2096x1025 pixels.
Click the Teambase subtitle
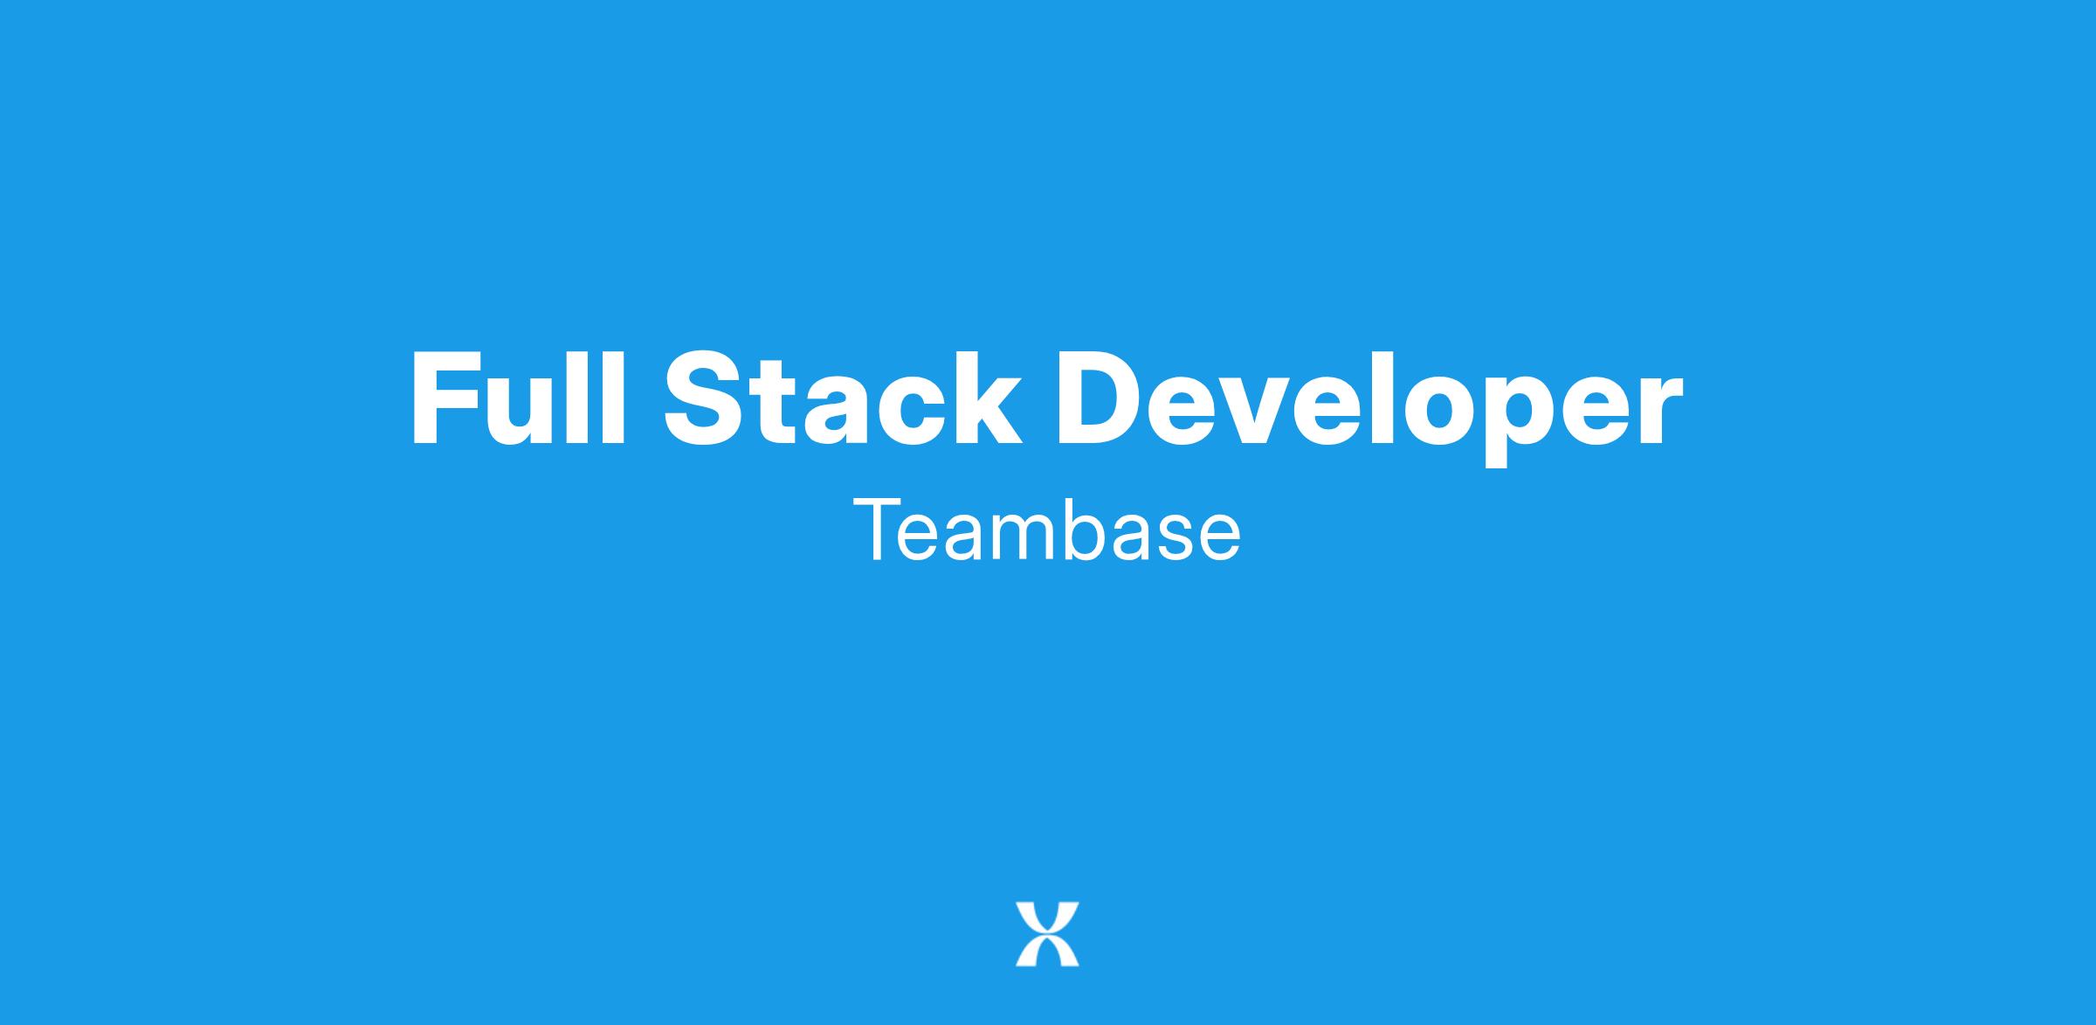pyautogui.click(x=1046, y=530)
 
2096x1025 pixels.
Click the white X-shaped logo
pyautogui.click(x=1047, y=934)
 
